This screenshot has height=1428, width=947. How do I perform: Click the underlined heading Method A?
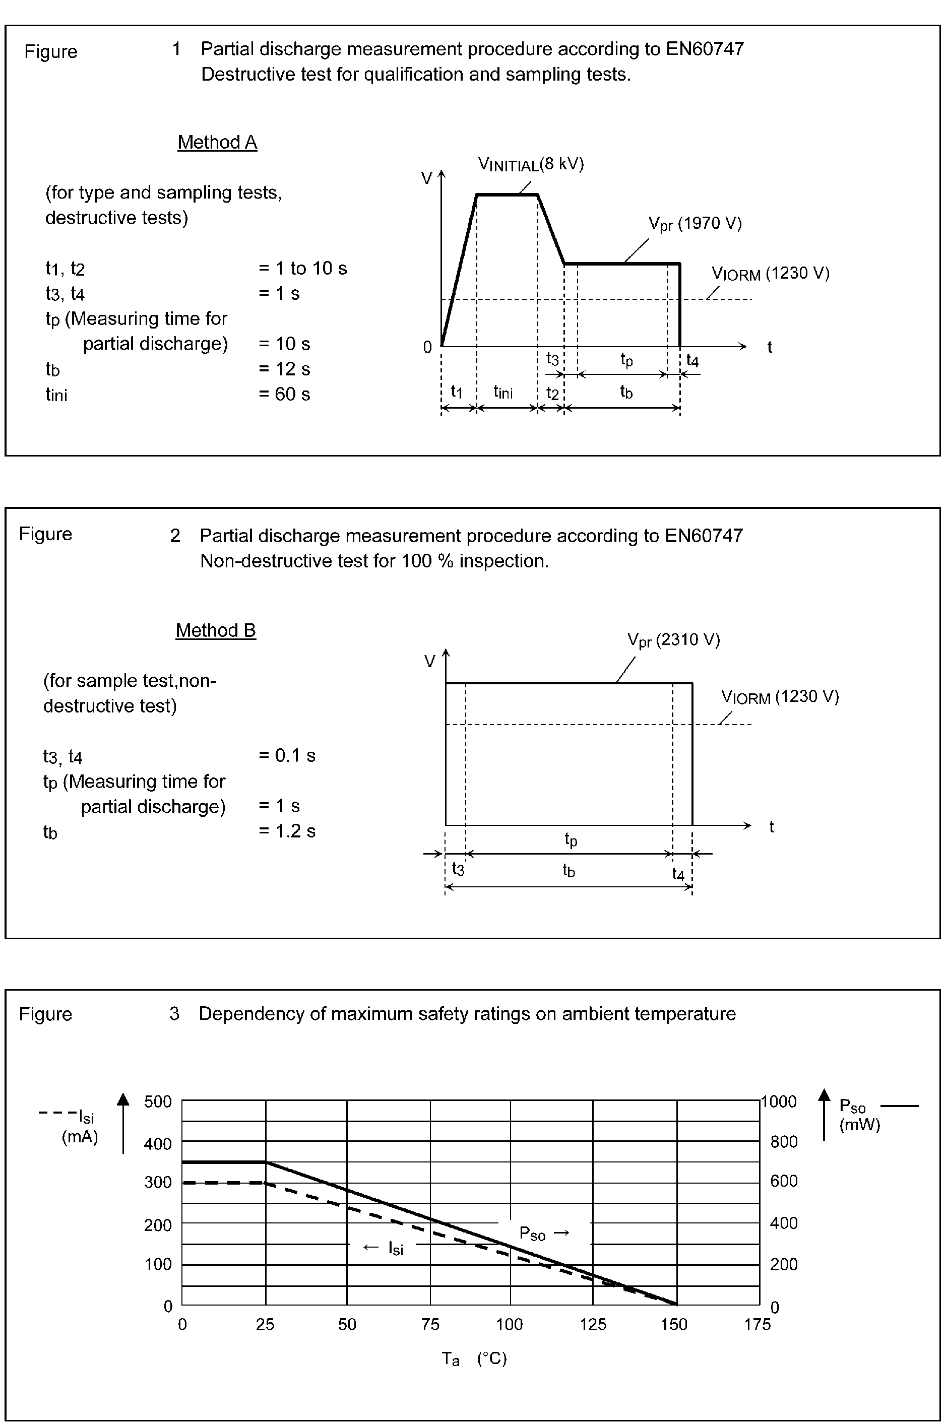point(217,143)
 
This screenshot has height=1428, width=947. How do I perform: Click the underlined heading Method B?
point(216,630)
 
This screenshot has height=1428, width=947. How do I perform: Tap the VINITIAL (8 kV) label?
point(531,164)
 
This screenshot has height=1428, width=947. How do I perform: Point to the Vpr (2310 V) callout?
point(673,640)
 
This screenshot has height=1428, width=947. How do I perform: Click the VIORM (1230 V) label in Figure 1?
point(771,274)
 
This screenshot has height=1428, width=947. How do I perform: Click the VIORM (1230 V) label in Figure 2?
point(780,697)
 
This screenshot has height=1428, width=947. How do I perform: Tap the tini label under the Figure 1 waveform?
point(502,392)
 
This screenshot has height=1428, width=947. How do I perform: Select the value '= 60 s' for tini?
point(284,394)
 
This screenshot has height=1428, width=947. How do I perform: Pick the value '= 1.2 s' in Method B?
point(287,831)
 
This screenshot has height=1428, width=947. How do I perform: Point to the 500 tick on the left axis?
point(158,1101)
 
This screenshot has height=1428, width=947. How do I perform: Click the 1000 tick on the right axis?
point(779,1101)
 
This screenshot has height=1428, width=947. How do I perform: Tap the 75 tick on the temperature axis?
point(430,1324)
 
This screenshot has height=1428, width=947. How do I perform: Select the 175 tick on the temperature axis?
point(757,1324)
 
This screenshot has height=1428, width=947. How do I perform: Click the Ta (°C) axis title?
point(474,1358)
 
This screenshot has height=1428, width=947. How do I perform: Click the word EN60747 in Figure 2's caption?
point(704,536)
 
